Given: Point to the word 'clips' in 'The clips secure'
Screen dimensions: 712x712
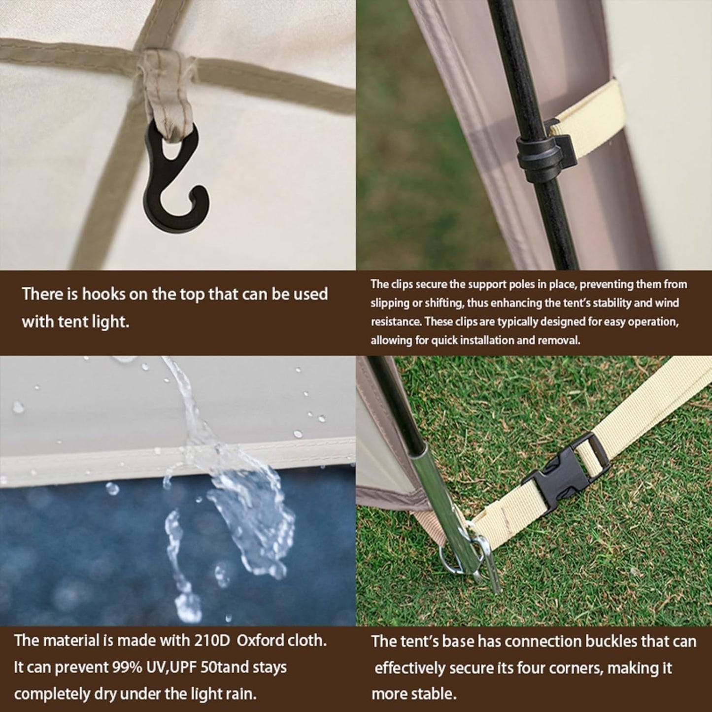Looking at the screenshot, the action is point(402,285).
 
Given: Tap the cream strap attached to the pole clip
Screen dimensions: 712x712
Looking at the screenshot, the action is point(587,111).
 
